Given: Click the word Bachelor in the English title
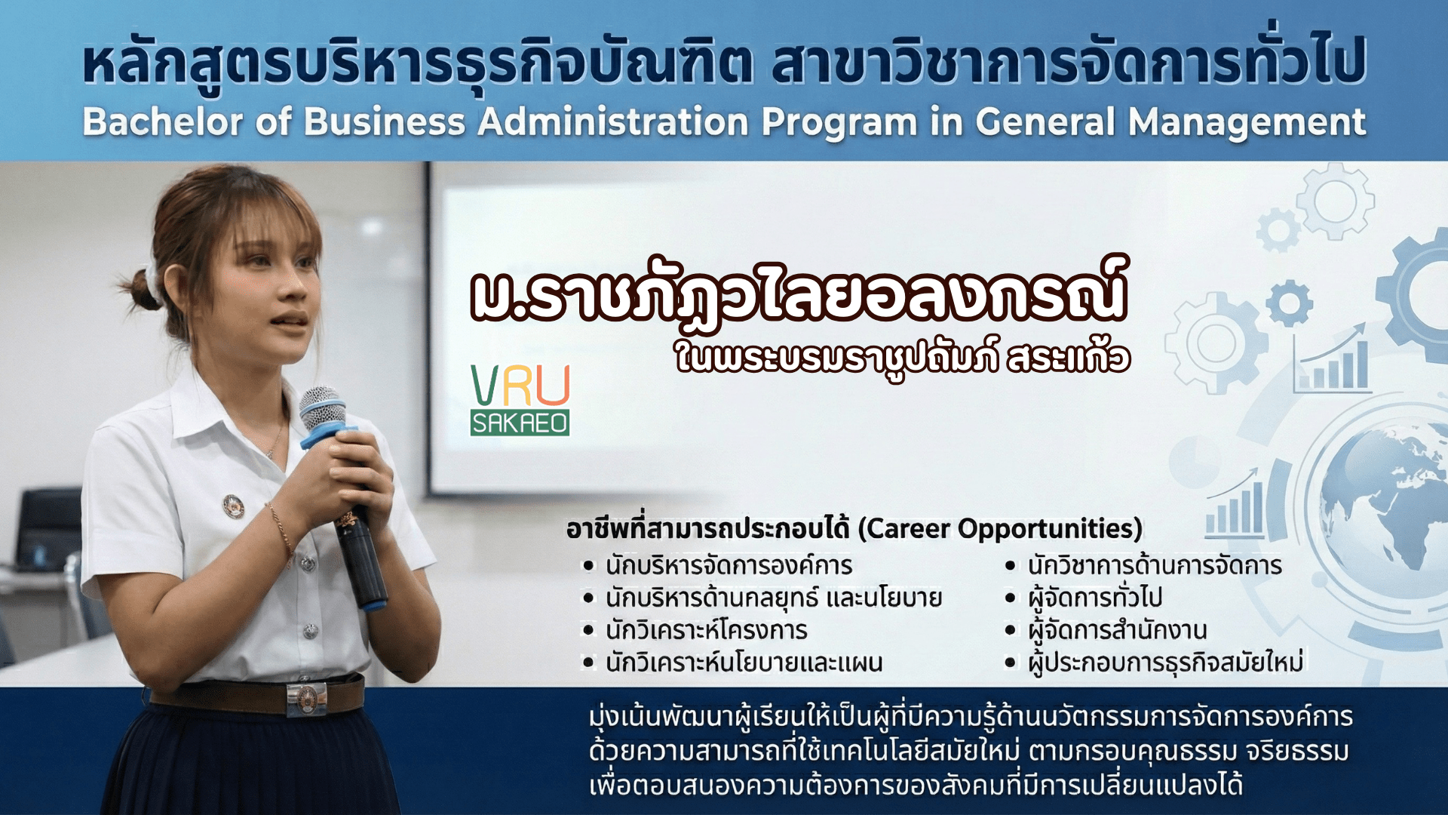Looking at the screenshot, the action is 163,122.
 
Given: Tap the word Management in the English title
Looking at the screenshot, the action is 1247,123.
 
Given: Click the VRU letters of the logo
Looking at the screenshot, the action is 520,386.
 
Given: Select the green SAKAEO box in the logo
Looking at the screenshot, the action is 520,423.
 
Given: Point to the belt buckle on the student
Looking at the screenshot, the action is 306,700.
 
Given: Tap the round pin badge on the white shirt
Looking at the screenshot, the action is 234,506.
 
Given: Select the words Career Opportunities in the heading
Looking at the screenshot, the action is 1001,529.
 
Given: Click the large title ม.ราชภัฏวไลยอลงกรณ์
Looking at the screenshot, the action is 799,293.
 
